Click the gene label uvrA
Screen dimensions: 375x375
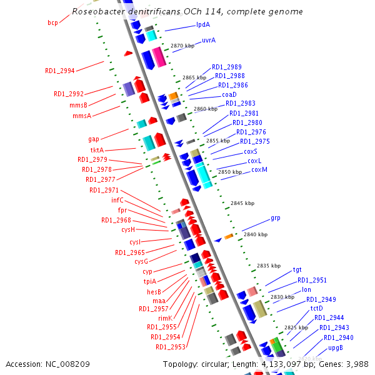coord(209,40)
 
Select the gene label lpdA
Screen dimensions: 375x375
coord(203,24)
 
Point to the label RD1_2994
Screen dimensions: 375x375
coord(60,71)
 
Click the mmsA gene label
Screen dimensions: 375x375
coord(82,116)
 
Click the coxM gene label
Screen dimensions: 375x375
coord(259,169)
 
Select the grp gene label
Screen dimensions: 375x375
coord(276,218)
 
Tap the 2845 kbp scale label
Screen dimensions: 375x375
coord(242,203)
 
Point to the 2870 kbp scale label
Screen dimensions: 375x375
coord(182,46)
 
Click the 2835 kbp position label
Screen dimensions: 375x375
coord(269,266)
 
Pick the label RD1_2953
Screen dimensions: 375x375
coord(171,347)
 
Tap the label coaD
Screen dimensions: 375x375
coord(229,94)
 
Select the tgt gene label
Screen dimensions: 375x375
coord(297,269)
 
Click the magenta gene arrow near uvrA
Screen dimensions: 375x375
coord(159,57)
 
